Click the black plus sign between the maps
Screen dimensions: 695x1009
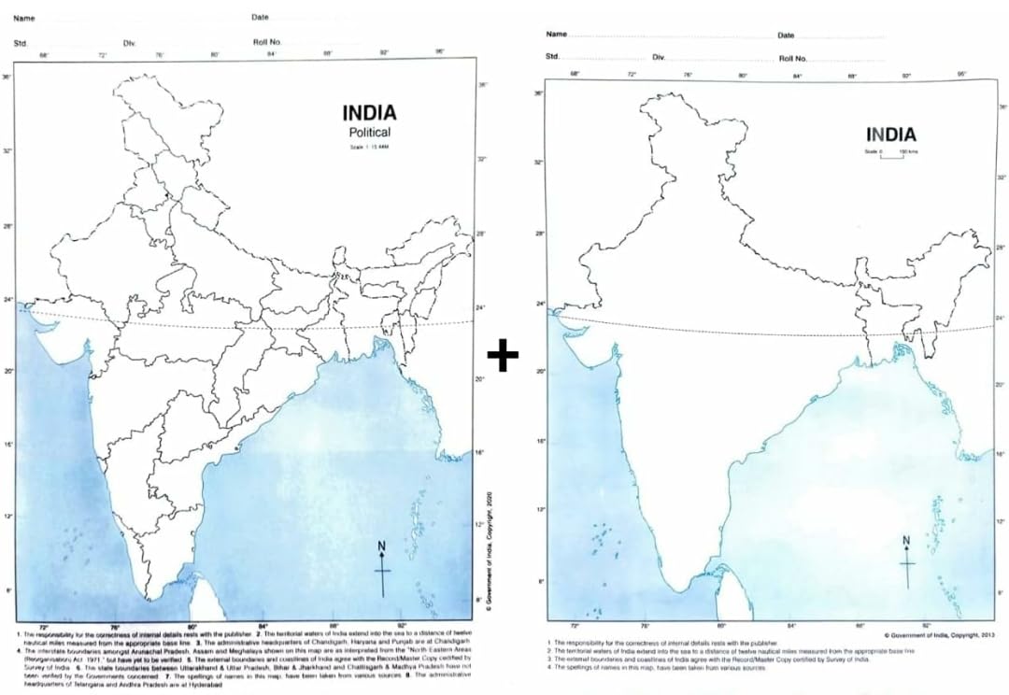coord(503,356)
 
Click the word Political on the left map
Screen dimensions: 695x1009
coord(369,133)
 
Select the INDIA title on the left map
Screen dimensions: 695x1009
coord(369,113)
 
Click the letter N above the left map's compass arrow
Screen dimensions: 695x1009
coord(381,546)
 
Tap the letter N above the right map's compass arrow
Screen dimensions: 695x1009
coord(905,541)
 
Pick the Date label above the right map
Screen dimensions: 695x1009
coord(786,35)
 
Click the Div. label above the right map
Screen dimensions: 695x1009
coord(659,58)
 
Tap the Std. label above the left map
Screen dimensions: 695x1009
coord(20,43)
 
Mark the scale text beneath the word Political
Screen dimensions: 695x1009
coord(369,148)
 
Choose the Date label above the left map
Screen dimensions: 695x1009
coord(260,18)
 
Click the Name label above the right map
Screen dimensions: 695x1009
coord(557,35)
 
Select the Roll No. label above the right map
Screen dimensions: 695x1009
coord(794,58)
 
